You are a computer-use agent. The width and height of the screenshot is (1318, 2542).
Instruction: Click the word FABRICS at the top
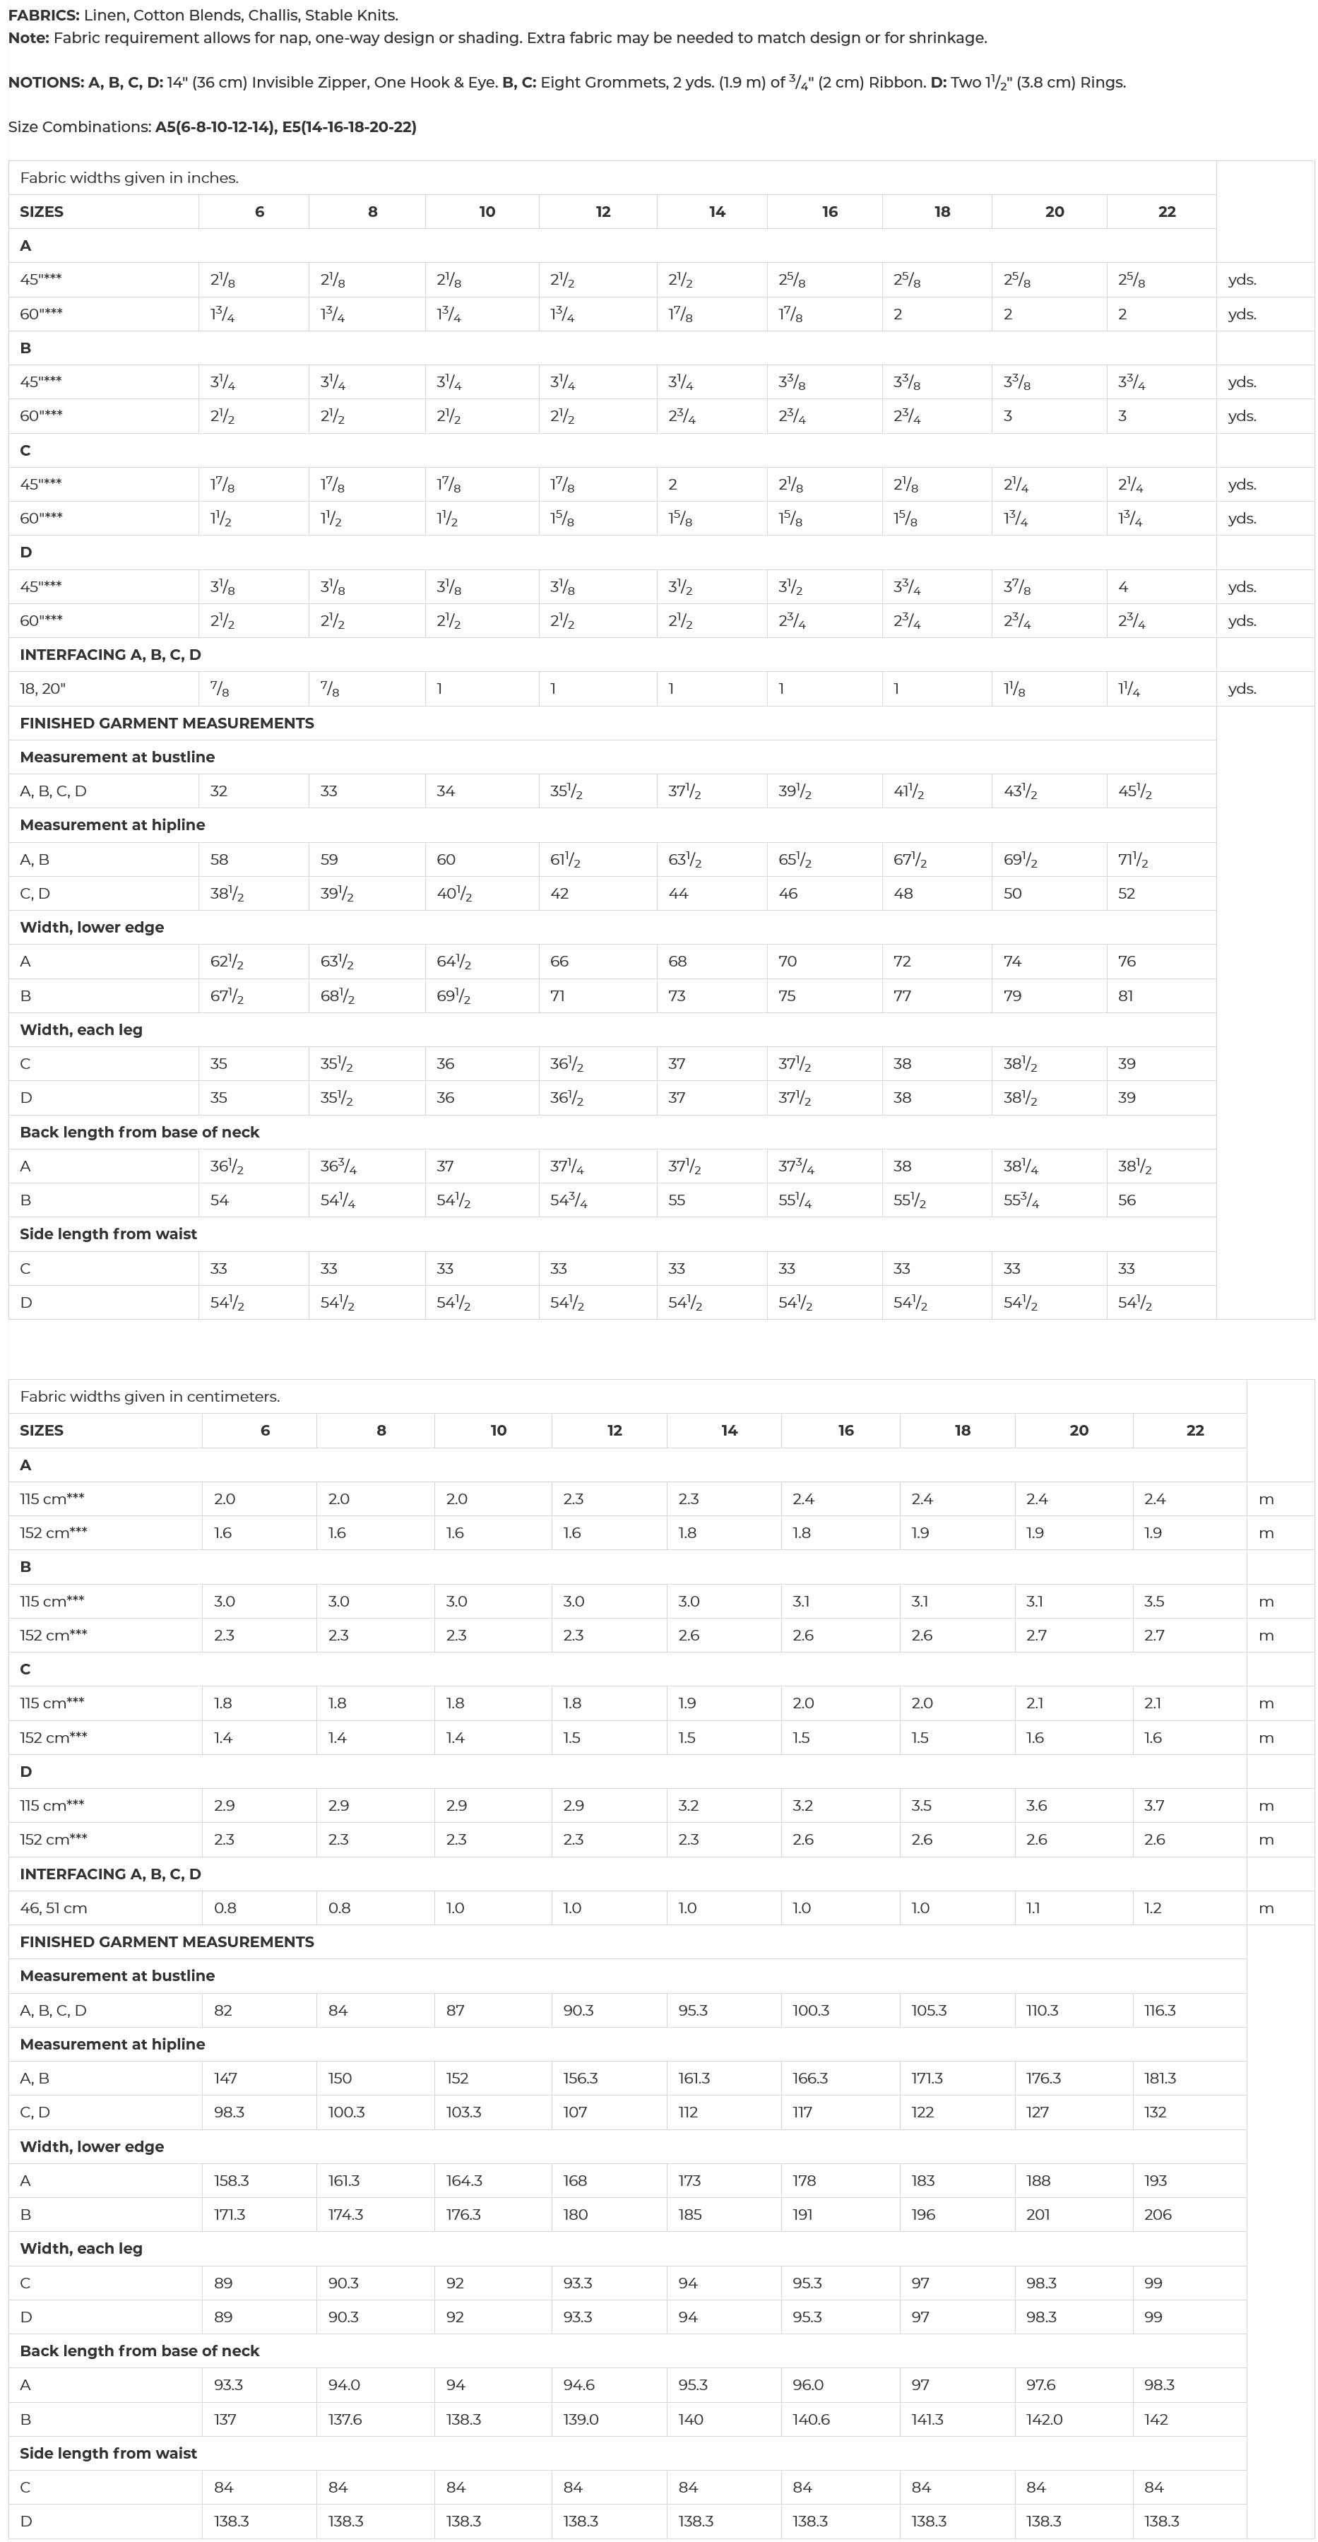(x=43, y=15)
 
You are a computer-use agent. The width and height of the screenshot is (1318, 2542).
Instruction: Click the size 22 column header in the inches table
(x=1167, y=212)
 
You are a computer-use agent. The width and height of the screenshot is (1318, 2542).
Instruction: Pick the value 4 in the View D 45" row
(x=1122, y=587)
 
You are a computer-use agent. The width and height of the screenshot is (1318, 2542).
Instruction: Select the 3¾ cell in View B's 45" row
(x=1132, y=382)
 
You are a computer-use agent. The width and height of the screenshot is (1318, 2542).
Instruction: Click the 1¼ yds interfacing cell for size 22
(x=1129, y=690)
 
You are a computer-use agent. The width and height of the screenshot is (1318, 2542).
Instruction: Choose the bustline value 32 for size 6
(x=219, y=791)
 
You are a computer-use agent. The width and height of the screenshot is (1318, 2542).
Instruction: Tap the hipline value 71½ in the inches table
(x=1134, y=860)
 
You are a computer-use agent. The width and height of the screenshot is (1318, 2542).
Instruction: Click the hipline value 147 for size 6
(x=226, y=2079)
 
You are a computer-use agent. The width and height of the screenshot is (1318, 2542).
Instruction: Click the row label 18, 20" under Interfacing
(x=42, y=690)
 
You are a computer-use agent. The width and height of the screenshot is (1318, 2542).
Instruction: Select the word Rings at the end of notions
(x=1101, y=83)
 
